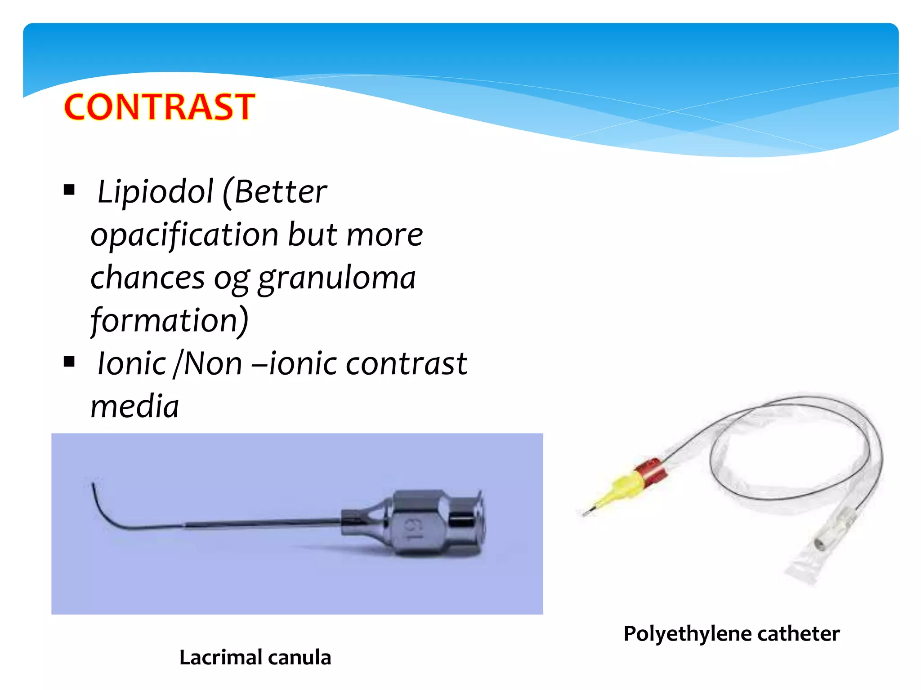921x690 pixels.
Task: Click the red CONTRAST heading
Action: tap(160, 107)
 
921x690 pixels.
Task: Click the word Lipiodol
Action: tap(155, 192)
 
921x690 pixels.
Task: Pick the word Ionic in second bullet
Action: tap(132, 363)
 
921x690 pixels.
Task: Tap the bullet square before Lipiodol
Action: tap(69, 190)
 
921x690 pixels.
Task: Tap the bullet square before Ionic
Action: tap(69, 361)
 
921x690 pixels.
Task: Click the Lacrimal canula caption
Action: tap(255, 657)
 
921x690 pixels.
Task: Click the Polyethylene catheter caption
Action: tap(731, 634)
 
